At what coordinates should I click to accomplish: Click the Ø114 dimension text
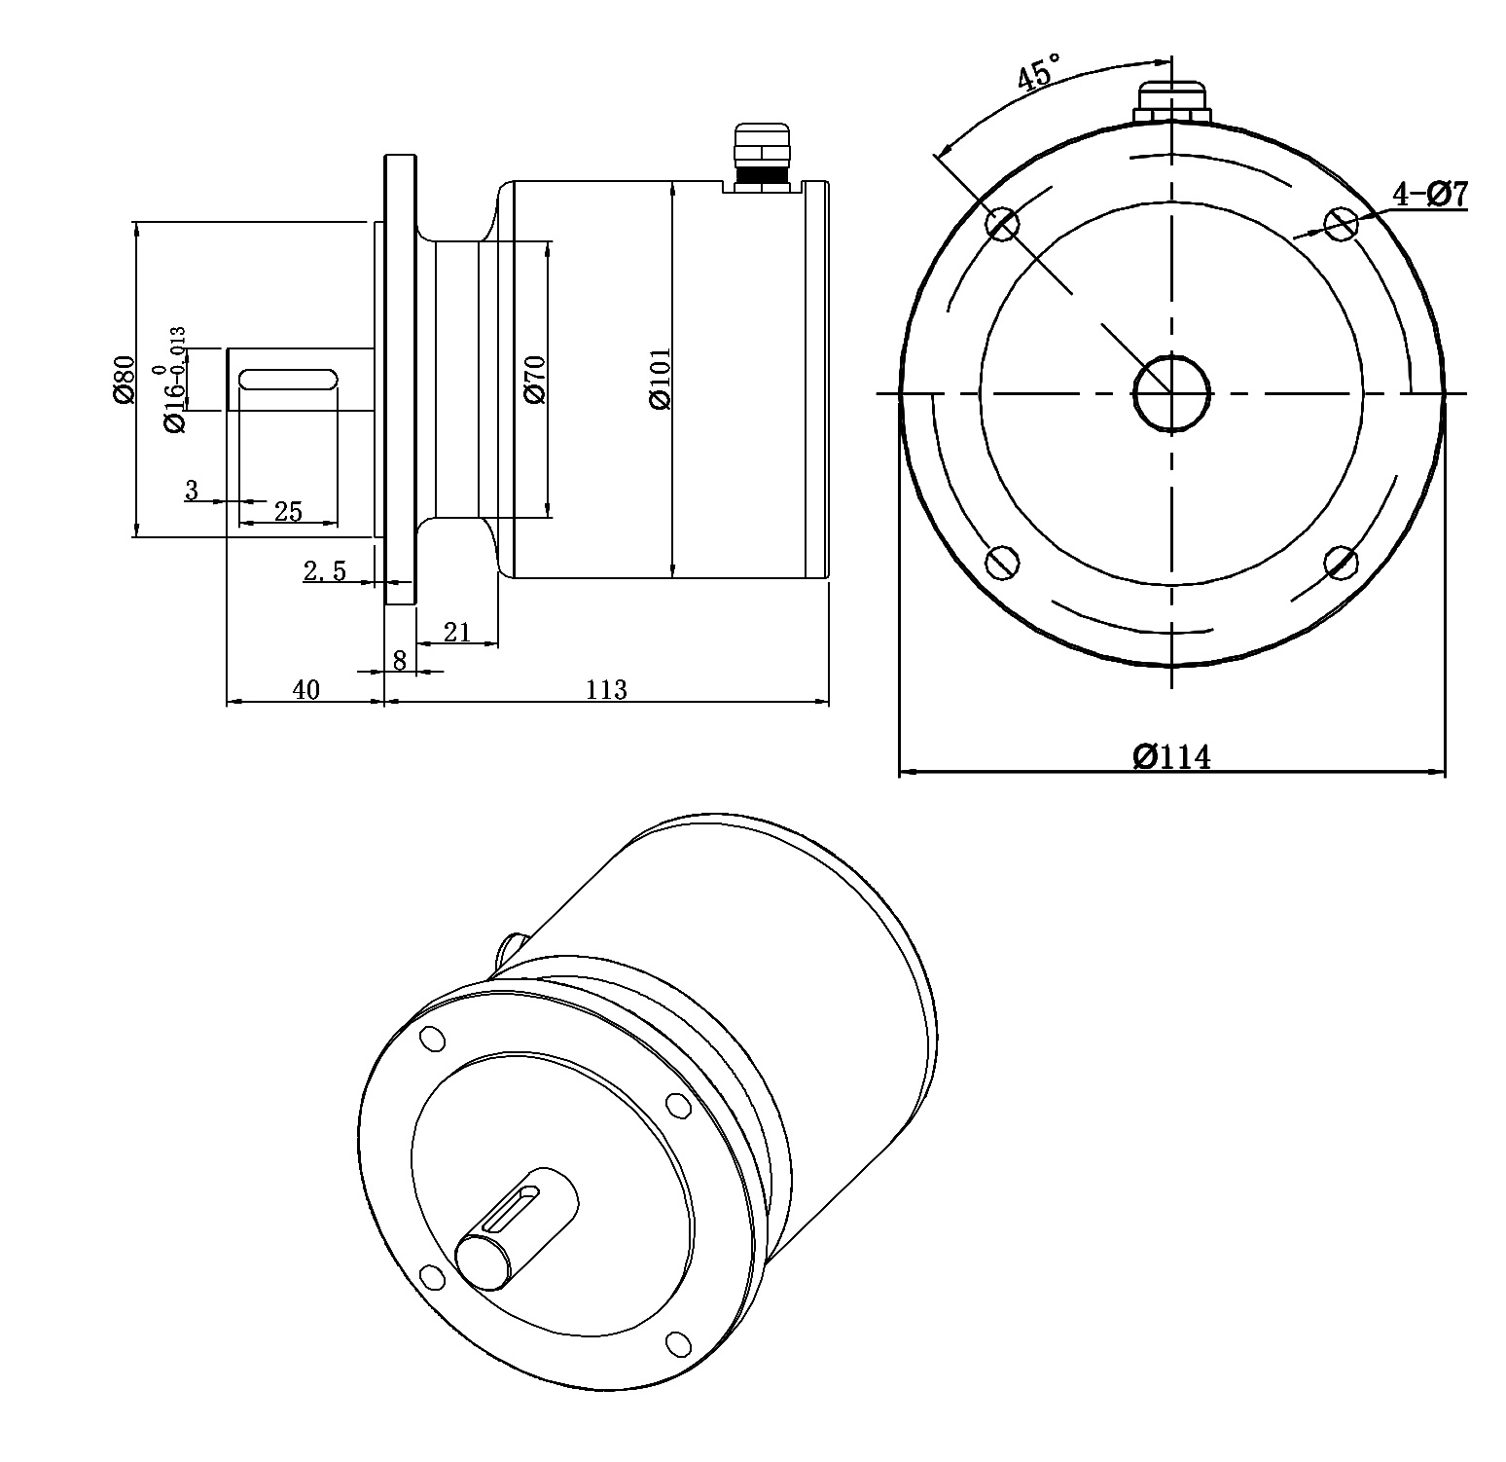point(1171,756)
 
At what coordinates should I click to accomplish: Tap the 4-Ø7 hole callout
point(1428,194)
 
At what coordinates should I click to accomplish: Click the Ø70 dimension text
point(535,380)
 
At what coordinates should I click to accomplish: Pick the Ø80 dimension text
point(122,379)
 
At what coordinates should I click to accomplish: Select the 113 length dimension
point(606,690)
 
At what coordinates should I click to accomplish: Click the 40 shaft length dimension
point(305,690)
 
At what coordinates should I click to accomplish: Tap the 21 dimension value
point(456,633)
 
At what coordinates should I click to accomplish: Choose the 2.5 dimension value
point(325,571)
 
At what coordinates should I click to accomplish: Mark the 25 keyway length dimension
point(289,511)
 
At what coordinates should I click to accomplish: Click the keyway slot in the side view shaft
point(288,379)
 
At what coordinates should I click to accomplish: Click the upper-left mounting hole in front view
point(1002,224)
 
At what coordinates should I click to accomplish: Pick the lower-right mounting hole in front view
point(1342,562)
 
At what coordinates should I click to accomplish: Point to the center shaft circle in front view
point(1171,393)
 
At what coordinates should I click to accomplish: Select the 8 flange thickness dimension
point(400,660)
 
